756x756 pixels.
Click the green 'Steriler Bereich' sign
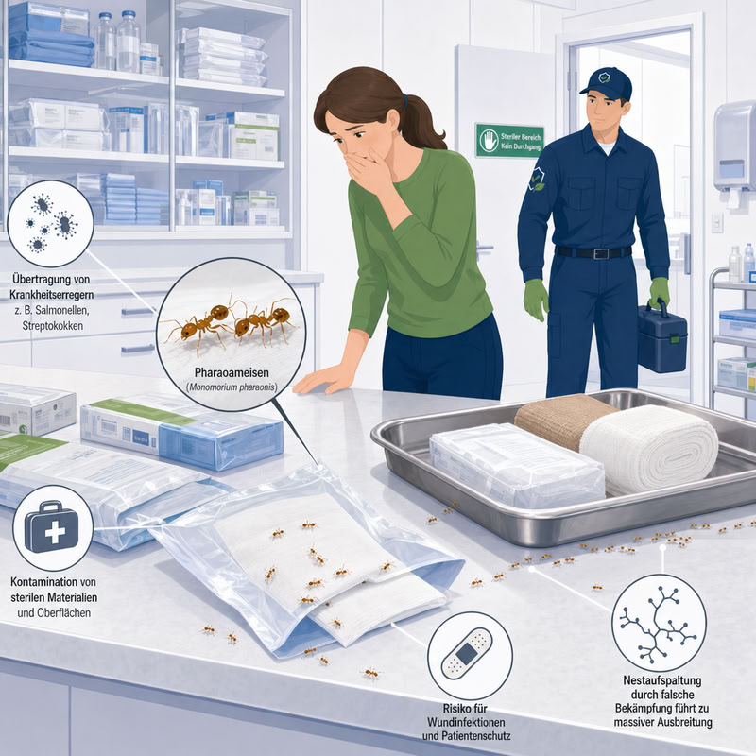[510, 140]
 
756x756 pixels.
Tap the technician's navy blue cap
[608, 83]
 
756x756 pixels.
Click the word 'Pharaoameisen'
[232, 372]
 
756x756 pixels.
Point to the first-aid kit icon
[52, 527]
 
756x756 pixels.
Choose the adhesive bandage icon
[467, 654]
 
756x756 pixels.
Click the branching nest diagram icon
[659, 623]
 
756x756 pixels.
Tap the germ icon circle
[50, 224]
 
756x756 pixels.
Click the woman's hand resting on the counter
[322, 379]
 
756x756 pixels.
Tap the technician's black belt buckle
[599, 253]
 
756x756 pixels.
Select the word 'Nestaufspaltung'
[662, 680]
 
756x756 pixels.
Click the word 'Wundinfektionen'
[466, 722]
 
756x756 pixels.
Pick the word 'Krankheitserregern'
[52, 294]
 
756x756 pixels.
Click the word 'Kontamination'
[43, 582]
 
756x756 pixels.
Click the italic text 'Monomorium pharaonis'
[232, 387]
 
